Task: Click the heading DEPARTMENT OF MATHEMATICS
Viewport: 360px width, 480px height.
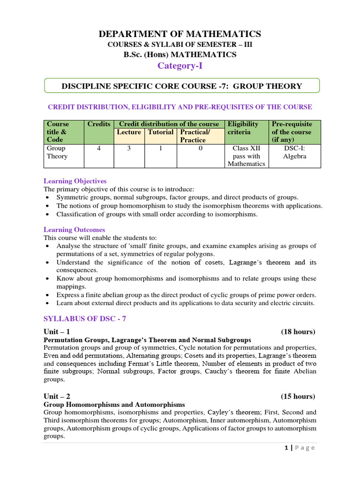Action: pyautogui.click(x=180, y=34)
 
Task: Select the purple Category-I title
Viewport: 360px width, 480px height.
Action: pyautogui.click(x=180, y=66)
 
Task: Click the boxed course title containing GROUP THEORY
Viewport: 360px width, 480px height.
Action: pyautogui.click(x=182, y=86)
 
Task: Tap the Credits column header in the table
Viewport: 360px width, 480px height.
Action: pyautogui.click(x=99, y=124)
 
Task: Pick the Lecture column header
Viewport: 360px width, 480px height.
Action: pyautogui.click(x=129, y=132)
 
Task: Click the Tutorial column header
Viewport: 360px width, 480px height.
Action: pyautogui.click(x=160, y=132)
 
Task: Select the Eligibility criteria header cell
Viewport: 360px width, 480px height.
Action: pyautogui.click(x=242, y=128)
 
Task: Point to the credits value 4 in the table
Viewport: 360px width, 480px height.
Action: pyautogui.click(x=99, y=149)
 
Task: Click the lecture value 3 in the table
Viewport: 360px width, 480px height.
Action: pyautogui.click(x=129, y=149)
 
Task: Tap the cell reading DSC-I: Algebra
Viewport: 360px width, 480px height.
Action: pyautogui.click(x=294, y=152)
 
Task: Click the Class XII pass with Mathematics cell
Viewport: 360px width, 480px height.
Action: pyautogui.click(x=246, y=156)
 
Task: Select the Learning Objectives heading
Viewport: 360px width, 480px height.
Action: pyautogui.click(x=75, y=181)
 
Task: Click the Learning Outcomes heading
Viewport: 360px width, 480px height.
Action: pyautogui.click(x=74, y=230)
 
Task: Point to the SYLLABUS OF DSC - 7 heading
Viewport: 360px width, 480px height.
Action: pyautogui.click(x=85, y=319)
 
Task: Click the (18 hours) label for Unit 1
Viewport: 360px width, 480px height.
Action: pyautogui.click(x=298, y=332)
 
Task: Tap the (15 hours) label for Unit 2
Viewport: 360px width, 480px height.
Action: pyautogui.click(x=298, y=397)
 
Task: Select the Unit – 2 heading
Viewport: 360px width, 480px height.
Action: pyautogui.click(x=57, y=397)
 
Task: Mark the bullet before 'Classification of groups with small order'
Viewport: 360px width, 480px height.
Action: pyautogui.click(x=48, y=214)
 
